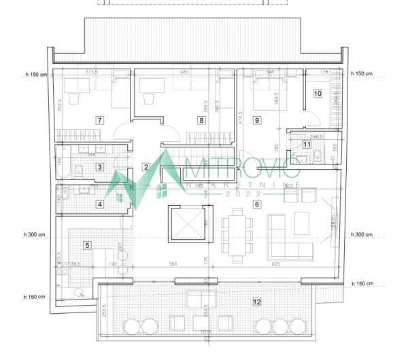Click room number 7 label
click(99, 120)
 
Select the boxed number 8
click(201, 120)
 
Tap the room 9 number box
click(256, 120)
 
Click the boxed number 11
click(307, 144)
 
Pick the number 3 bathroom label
click(99, 166)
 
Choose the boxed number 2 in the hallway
click(146, 166)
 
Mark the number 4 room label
click(99, 204)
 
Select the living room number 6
click(256, 204)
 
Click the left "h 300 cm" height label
click(34, 234)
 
